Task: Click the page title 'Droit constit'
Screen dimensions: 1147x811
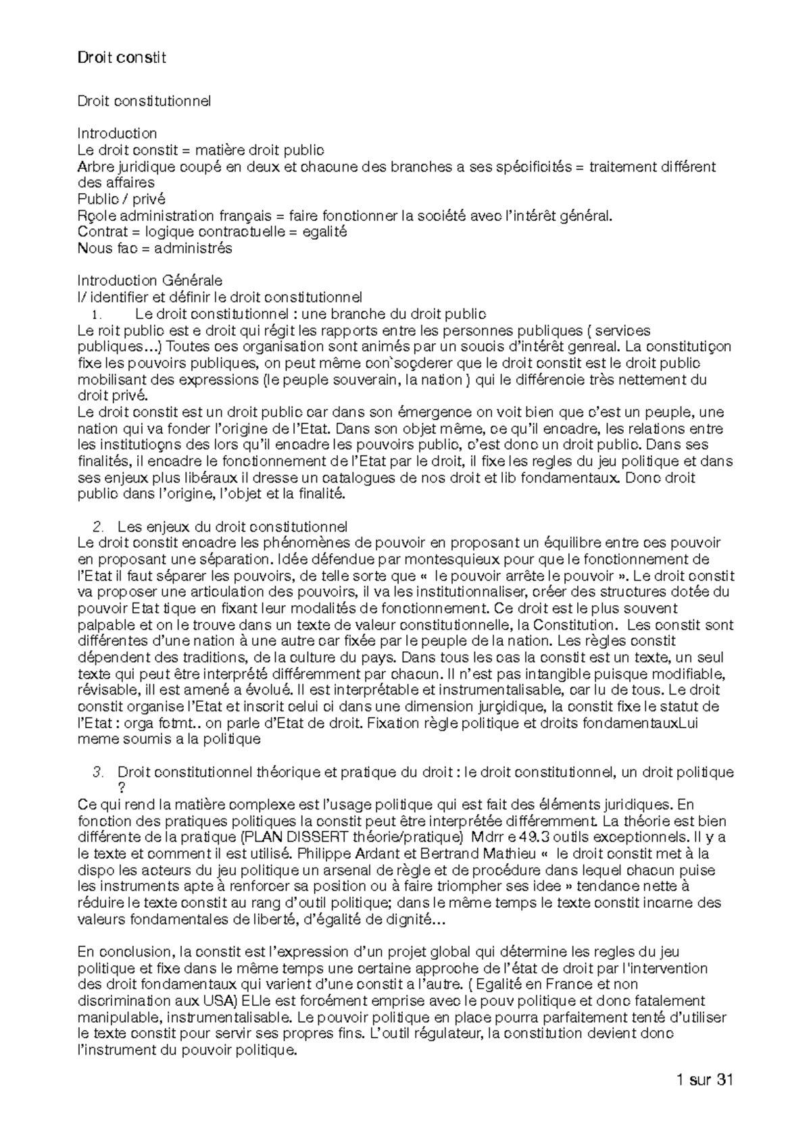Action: [x=122, y=58]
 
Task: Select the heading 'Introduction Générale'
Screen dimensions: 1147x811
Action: [x=149, y=280]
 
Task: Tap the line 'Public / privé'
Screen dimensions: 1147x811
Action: [x=121, y=199]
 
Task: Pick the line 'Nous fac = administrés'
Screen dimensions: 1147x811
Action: [x=155, y=249]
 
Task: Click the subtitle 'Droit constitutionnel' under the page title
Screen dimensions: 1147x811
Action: [x=144, y=101]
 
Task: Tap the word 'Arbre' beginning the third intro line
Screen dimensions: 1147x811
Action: [x=95, y=167]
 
